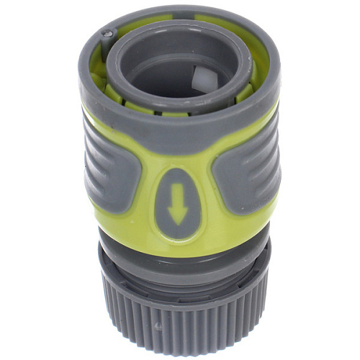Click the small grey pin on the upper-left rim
[x=107, y=33]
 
